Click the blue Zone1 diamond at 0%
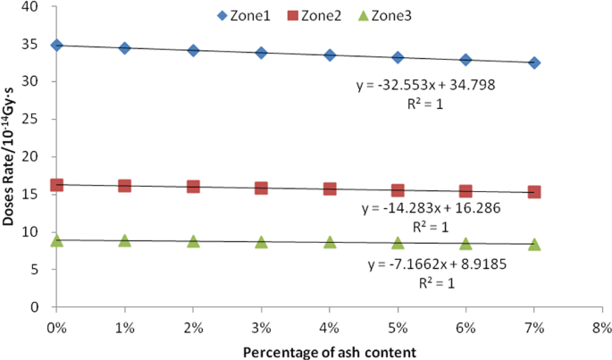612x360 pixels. [x=56, y=45]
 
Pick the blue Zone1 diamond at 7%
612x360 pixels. [x=534, y=63]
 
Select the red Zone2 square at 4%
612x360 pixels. [x=330, y=188]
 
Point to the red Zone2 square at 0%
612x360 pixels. [x=56, y=184]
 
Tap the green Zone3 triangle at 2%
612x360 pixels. [x=193, y=241]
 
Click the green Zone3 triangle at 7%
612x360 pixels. [x=534, y=244]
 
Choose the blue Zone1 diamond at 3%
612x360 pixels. [x=261, y=53]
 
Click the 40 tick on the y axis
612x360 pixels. [x=35, y=7]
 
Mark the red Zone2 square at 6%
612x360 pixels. [x=465, y=191]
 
